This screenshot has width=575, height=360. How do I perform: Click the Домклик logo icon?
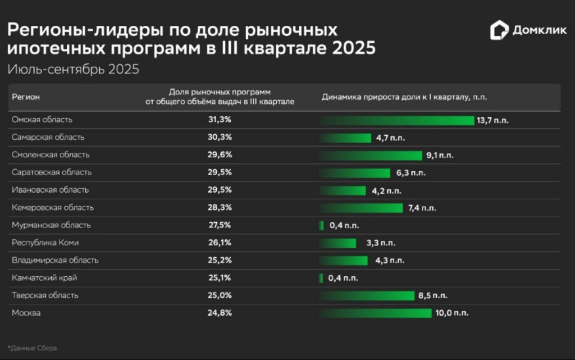499,31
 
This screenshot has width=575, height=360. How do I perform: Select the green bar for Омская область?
396,120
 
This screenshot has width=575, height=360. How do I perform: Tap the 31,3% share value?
219,120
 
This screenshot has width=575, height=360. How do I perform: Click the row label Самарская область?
48,138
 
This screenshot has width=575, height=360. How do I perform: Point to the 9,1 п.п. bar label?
441,156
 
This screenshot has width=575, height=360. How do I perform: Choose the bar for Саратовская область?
354,173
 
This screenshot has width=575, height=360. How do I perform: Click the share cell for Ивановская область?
219,190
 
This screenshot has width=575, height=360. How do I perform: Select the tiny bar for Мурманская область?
321,225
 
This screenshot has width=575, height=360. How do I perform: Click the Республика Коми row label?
45,243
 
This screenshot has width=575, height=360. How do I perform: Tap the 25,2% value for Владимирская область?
219,260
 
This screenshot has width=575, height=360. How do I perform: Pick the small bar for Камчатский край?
321,278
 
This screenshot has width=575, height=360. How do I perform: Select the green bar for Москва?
375,313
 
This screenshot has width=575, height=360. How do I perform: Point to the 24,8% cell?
219,313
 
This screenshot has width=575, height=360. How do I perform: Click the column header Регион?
26,97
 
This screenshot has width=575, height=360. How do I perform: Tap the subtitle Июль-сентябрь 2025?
73,70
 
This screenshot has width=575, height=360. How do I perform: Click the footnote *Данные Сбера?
33,348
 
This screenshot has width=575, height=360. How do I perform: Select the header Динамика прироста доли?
404,97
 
